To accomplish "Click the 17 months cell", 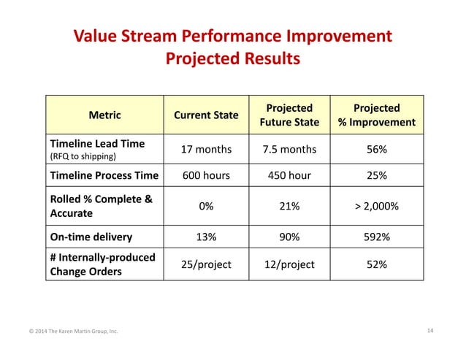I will (x=206, y=150).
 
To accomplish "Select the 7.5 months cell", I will (x=289, y=150).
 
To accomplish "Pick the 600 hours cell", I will (x=206, y=176).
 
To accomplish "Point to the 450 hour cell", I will (x=289, y=176).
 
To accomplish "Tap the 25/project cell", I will (x=206, y=264).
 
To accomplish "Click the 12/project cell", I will (x=289, y=264).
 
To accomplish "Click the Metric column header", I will (x=104, y=115).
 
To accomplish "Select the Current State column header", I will (x=206, y=115).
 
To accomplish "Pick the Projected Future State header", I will (x=289, y=115).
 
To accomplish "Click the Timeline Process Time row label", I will (x=103, y=176).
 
